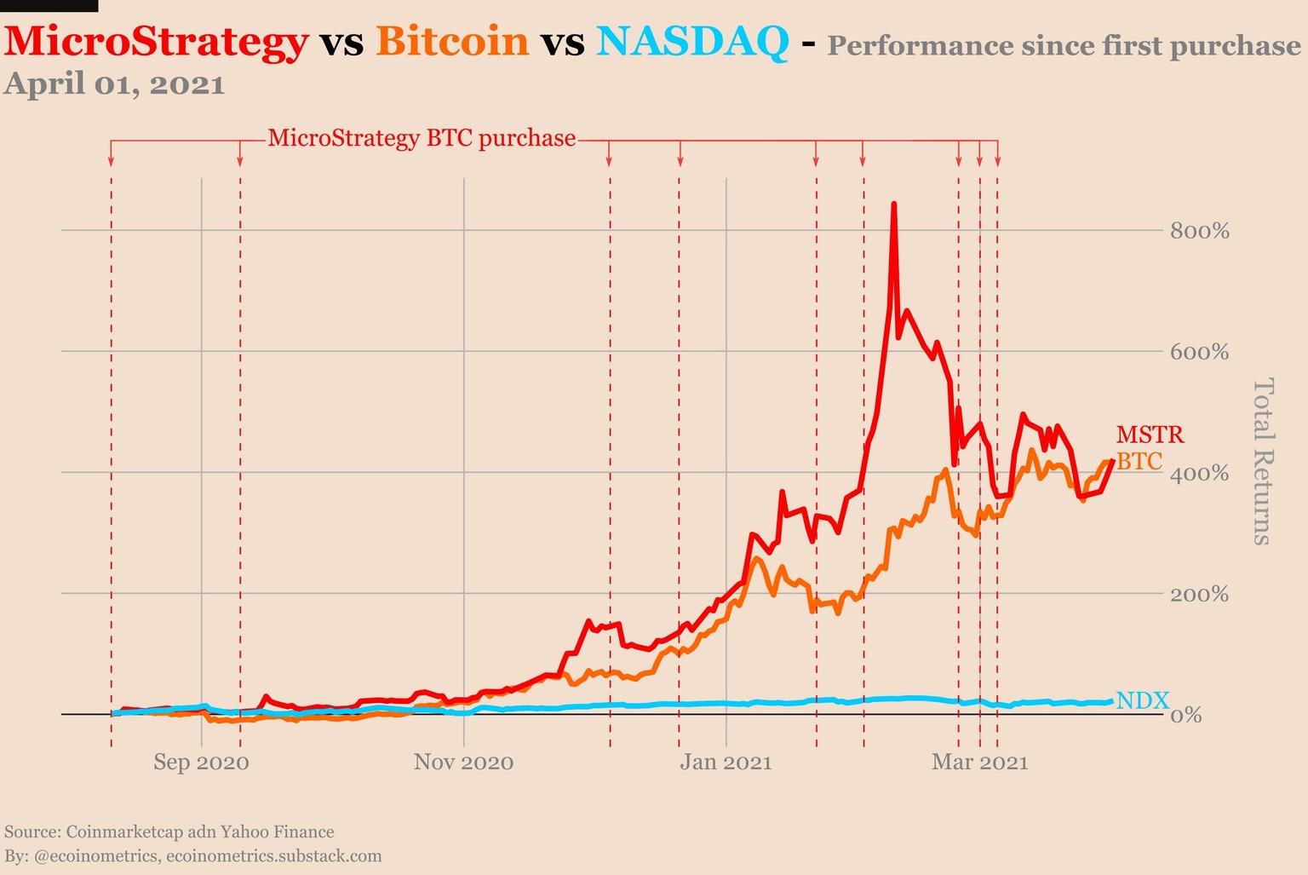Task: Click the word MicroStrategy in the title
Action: pos(156,42)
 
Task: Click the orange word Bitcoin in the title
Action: pos(452,42)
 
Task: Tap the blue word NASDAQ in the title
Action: pos(692,42)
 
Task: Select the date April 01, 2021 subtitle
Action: pos(115,84)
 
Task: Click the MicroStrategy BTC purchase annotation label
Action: pos(422,138)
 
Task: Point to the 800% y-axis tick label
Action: pos(1199,231)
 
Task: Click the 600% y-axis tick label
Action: pos(1199,352)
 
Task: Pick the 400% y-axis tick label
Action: pos(1199,473)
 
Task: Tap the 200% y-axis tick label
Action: pos(1199,594)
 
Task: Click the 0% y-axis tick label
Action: pos(1185,715)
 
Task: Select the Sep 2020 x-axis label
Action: pos(201,762)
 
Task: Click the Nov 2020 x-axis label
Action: pos(463,762)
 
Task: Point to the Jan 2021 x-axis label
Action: pos(726,762)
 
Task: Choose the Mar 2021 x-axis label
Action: pos(979,762)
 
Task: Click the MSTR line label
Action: pos(1150,435)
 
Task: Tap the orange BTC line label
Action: pos(1139,461)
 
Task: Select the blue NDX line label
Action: pos(1142,700)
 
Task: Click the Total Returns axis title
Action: pos(1263,461)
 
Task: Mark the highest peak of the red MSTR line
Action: pos(893,204)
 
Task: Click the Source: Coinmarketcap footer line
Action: pos(169,832)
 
